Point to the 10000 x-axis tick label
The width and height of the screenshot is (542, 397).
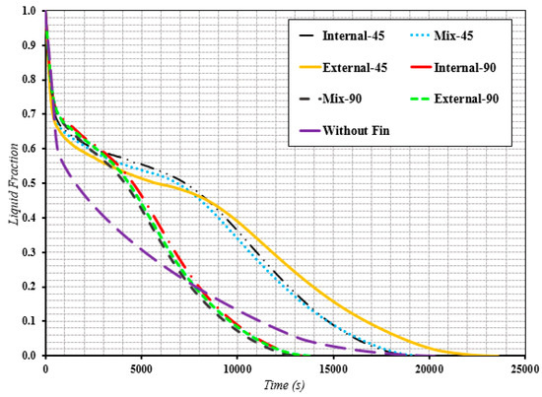click(237, 368)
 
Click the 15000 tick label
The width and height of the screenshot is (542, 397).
click(332, 368)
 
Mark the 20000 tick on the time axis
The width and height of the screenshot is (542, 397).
click(428, 368)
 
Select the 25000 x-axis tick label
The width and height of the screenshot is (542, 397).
click(523, 368)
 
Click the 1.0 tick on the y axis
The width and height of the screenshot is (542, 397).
click(30, 12)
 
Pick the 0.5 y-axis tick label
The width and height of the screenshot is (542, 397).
click(30, 183)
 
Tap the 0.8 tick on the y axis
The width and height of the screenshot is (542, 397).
click(30, 81)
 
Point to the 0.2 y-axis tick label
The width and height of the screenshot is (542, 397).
click(30, 287)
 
